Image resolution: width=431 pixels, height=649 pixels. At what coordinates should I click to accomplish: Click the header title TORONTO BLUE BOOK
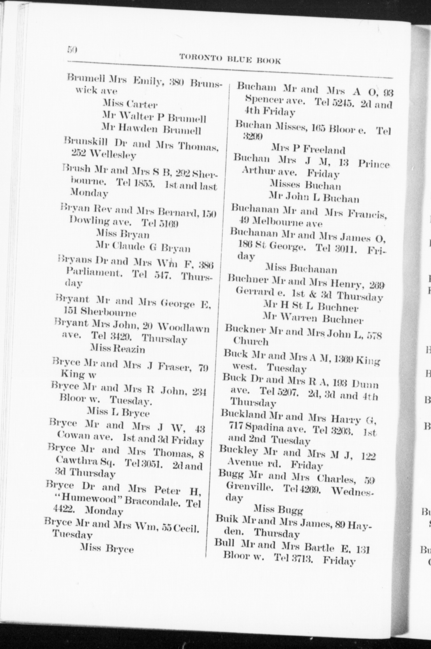pyautogui.click(x=230, y=59)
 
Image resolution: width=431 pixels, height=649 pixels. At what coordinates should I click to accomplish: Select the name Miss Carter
pyautogui.click(x=130, y=104)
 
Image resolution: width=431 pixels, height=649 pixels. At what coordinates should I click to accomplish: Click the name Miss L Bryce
pyautogui.click(x=118, y=413)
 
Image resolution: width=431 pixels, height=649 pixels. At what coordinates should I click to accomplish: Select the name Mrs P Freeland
pyautogui.click(x=308, y=150)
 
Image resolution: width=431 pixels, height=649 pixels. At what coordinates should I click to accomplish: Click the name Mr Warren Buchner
pyautogui.click(x=313, y=318)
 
